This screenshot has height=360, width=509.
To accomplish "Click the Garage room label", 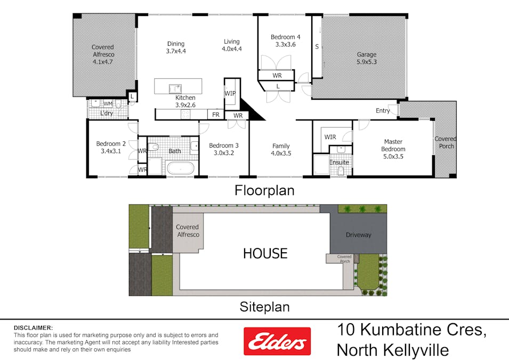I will coord(366,54).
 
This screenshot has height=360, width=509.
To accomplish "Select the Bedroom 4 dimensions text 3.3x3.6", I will coord(285,45).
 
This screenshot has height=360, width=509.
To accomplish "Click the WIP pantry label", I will coord(230,93).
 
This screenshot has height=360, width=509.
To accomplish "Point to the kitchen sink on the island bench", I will coord(175,87).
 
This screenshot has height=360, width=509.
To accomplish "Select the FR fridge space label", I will coord(216,115).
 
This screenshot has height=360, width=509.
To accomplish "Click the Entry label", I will coord(383,111).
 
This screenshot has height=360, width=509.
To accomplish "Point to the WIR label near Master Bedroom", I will coord(330,137).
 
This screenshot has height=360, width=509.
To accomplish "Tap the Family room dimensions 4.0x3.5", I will coord(281,153).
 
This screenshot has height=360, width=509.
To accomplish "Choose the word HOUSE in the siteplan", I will coord(265,253).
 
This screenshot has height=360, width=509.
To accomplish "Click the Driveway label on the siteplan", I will coord(358,235).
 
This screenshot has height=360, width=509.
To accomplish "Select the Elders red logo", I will coord(277,341).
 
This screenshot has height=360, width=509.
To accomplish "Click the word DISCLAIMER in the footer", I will coord(33,327).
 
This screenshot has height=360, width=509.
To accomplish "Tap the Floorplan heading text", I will coord(264,190).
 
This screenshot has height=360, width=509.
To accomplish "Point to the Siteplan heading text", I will coord(264,307).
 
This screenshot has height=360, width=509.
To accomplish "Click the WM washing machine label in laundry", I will coord(108,103).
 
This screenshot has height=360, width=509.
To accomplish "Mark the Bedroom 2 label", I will coord(111,143).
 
